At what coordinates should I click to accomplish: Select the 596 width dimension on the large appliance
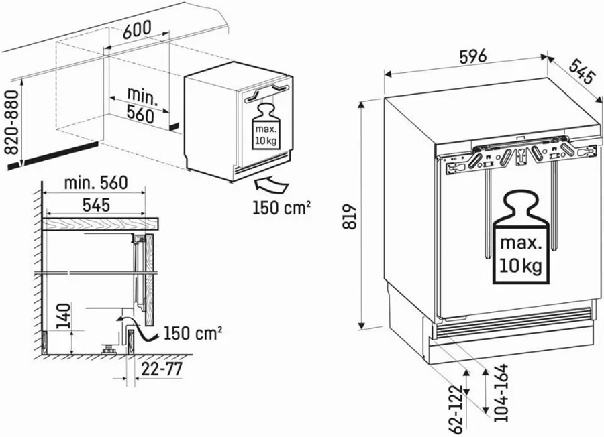coord(473,57)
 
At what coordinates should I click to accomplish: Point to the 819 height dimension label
coord(350,216)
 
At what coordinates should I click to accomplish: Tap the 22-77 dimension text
coord(162,369)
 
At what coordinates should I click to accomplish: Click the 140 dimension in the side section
coord(64,316)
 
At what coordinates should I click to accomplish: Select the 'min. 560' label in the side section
coord(96,183)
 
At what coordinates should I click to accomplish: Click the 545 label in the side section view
coord(96,205)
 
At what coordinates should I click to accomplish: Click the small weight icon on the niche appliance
coord(266,127)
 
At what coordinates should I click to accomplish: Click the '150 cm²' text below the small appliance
coord(282,208)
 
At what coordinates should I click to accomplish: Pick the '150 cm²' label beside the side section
coord(193,334)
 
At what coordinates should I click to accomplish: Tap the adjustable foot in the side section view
coord(109,349)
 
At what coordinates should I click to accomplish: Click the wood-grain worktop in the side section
coord(101,224)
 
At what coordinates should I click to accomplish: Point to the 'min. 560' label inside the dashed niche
coord(142,105)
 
